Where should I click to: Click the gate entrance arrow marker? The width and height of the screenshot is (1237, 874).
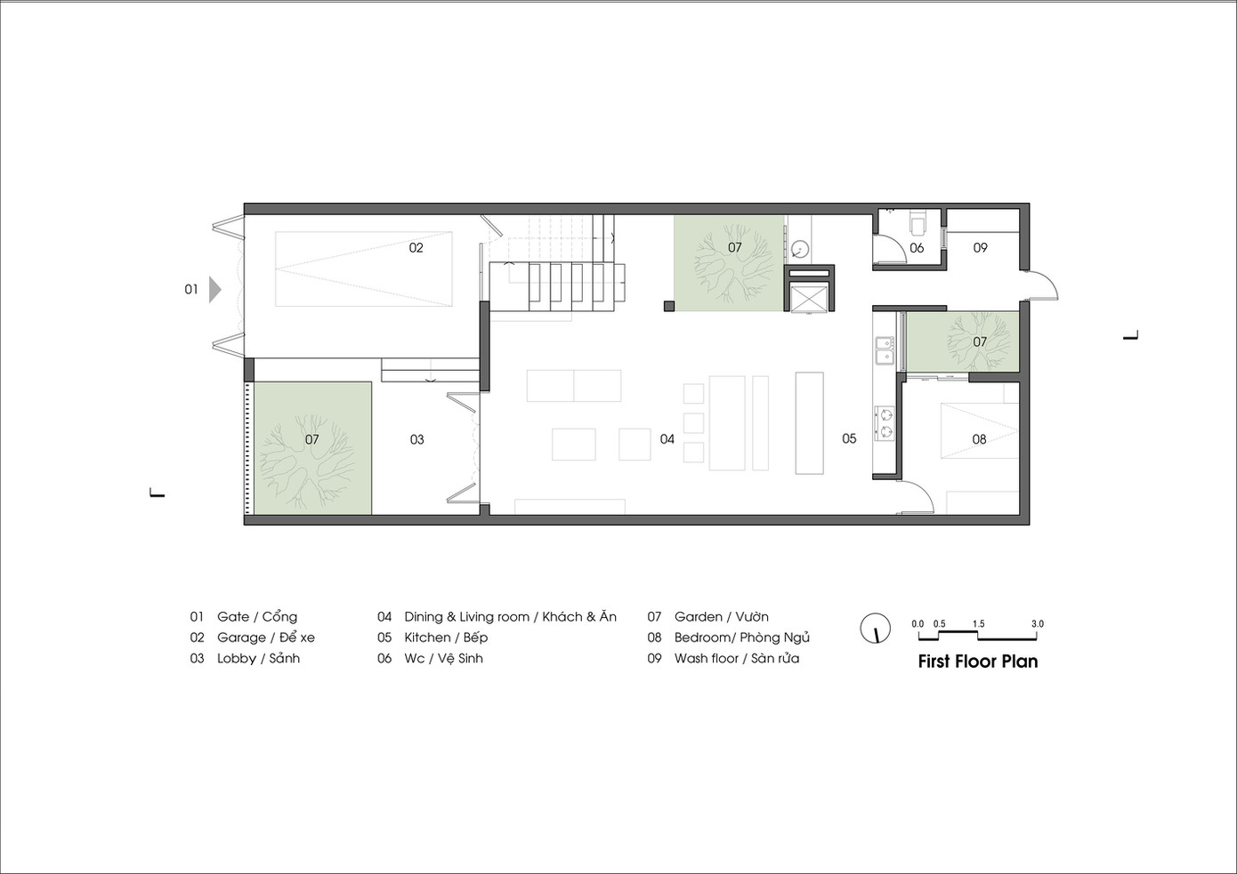click(x=214, y=289)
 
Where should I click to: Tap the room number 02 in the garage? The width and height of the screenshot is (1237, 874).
click(x=416, y=248)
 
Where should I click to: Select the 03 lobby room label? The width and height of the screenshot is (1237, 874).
click(x=416, y=439)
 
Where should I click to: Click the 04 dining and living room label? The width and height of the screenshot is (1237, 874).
click(x=667, y=439)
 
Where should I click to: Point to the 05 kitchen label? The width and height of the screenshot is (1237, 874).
click(x=849, y=438)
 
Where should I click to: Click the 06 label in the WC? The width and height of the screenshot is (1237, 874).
click(x=917, y=248)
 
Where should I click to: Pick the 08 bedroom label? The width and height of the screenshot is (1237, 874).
click(x=979, y=439)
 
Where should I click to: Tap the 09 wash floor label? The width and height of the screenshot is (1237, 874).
click(x=980, y=248)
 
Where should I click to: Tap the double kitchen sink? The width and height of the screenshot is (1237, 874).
click(x=884, y=349)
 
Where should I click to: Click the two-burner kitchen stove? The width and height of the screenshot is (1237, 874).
click(x=885, y=423)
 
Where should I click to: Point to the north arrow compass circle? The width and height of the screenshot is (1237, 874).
click(x=876, y=628)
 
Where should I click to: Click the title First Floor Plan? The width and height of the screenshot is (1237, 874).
click(x=977, y=662)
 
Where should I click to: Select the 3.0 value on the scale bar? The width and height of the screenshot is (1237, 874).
click(x=1037, y=624)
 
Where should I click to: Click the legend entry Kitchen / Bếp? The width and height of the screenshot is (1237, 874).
click(x=445, y=637)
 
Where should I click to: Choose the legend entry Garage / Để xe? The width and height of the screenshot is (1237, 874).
click(x=265, y=637)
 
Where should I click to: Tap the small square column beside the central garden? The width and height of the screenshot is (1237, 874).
click(x=667, y=307)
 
